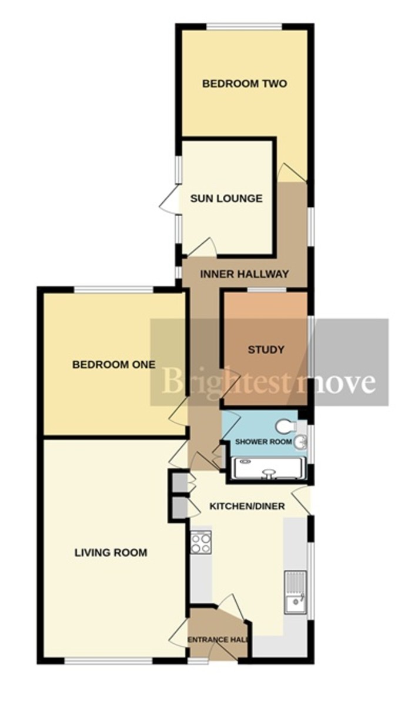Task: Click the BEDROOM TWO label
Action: pyautogui.click(x=244, y=84)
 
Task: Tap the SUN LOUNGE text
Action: pyautogui.click(x=226, y=199)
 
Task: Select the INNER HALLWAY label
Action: pyautogui.click(x=244, y=274)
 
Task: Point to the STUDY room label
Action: pyautogui.click(x=266, y=350)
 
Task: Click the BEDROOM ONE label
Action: pyautogui.click(x=113, y=365)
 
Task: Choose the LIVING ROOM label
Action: pyautogui.click(x=111, y=553)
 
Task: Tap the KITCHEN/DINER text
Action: pyautogui.click(x=248, y=506)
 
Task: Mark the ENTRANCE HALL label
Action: pyautogui.click(x=218, y=640)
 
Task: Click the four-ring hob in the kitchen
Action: pyautogui.click(x=200, y=543)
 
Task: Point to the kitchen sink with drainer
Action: pyautogui.click(x=295, y=592)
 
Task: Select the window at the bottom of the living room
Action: pyautogui.click(x=109, y=662)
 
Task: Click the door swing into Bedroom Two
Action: pyautogui.click(x=291, y=173)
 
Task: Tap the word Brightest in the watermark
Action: pyautogui.click(x=226, y=382)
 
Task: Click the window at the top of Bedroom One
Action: pyautogui.click(x=113, y=289)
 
